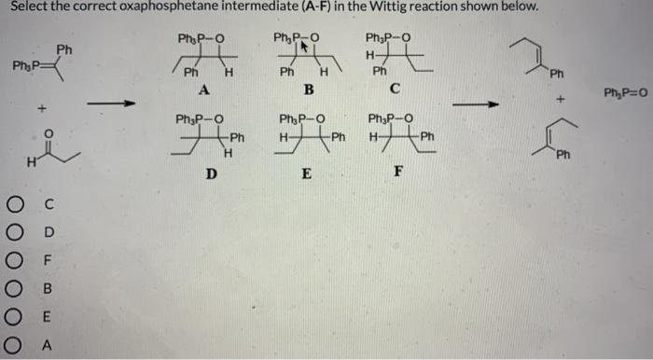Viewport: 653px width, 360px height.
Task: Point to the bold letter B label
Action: click(x=307, y=90)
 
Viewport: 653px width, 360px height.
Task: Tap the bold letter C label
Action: click(x=396, y=90)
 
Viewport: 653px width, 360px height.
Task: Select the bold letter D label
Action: click(x=211, y=173)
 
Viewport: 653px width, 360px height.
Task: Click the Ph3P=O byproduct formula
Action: click(x=622, y=92)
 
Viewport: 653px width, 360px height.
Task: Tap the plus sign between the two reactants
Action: click(x=41, y=110)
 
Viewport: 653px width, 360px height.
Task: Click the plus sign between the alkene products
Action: click(x=559, y=96)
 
